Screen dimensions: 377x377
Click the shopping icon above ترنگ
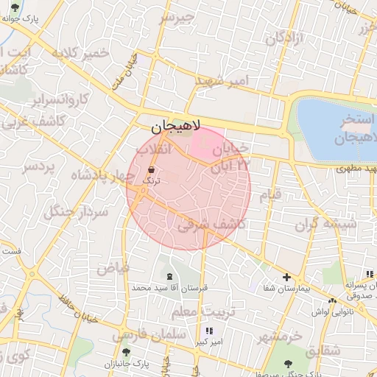click(151, 169)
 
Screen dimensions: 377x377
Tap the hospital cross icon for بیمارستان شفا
click(286, 277)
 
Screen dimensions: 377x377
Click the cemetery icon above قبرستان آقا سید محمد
click(171, 276)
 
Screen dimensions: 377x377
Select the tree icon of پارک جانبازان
click(126, 353)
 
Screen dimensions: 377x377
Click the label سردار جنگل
click(76, 211)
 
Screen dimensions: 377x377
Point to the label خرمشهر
click(280, 337)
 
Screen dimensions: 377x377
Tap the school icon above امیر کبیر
click(210, 331)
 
